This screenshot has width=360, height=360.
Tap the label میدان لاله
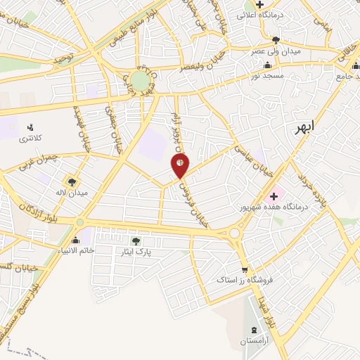(72, 193)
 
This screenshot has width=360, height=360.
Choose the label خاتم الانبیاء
(75, 250)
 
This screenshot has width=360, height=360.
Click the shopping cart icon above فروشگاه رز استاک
(245, 268)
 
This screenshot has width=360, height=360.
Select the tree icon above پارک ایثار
(136, 240)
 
